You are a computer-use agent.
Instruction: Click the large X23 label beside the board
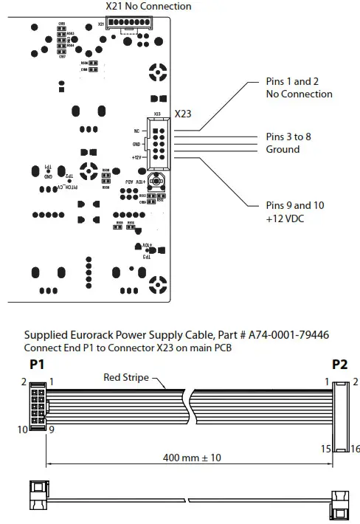tap(184, 114)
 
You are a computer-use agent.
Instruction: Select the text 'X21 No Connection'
tap(148, 7)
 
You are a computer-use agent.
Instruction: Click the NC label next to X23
tap(137, 130)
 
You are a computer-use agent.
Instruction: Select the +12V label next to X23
tap(135, 156)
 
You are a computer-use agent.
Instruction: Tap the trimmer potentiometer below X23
tap(155, 181)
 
